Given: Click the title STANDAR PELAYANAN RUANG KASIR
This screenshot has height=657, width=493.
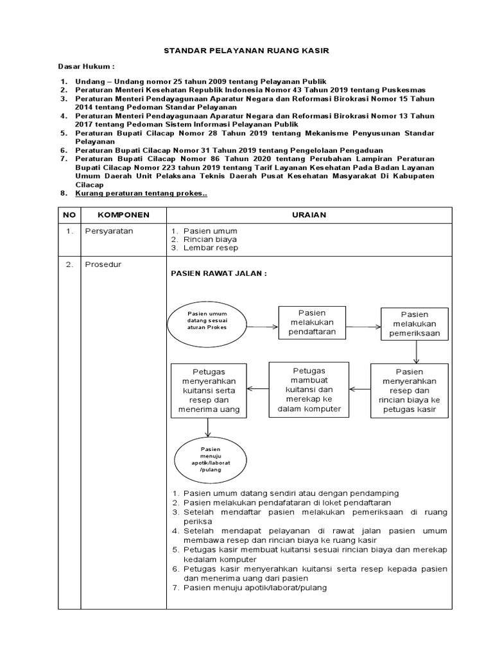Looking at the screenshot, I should pyautogui.click(x=246, y=49).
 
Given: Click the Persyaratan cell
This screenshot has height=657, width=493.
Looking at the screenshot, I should pyautogui.click(x=110, y=232).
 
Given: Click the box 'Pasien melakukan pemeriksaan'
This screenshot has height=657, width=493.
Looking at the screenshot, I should pyautogui.click(x=415, y=323).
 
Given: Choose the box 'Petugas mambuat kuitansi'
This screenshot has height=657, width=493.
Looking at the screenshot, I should pyautogui.click(x=309, y=389).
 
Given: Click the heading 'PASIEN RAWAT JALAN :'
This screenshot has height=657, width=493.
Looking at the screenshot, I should pyautogui.click(x=218, y=273).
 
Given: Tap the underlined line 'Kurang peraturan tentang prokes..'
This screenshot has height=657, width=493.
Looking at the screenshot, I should pyautogui.click(x=142, y=193).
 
